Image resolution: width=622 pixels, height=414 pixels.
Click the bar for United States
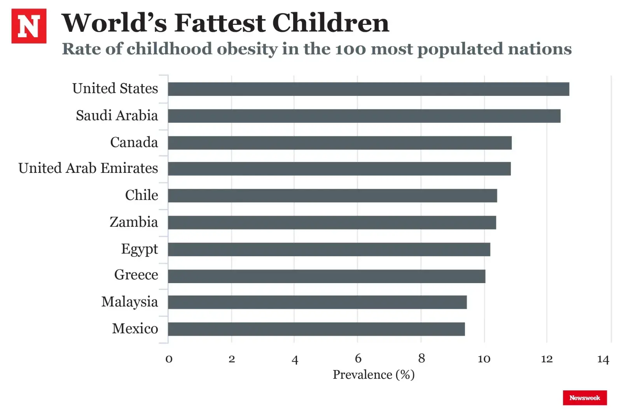(x=368, y=89)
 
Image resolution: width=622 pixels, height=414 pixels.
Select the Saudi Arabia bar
(x=364, y=116)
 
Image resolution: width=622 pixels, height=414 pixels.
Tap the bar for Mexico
(x=316, y=329)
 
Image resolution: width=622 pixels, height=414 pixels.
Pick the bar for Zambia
(x=332, y=223)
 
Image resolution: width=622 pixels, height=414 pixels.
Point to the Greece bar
(x=327, y=276)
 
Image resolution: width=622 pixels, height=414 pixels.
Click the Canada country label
(x=134, y=143)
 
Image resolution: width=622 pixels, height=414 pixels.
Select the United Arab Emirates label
(x=88, y=168)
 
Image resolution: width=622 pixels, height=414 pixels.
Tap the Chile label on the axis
(x=142, y=195)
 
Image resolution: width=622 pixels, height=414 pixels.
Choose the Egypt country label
(x=139, y=249)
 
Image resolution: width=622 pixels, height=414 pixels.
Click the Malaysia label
(x=129, y=302)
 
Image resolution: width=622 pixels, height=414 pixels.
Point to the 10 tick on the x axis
(x=484, y=359)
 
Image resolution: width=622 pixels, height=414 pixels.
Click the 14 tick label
(x=603, y=359)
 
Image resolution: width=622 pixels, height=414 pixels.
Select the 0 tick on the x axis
(x=169, y=359)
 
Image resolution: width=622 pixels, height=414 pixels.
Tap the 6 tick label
(x=358, y=358)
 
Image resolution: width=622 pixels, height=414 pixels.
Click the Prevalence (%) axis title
(x=374, y=375)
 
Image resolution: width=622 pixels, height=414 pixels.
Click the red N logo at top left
(x=29, y=26)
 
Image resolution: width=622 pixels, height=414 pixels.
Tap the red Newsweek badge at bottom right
(x=584, y=398)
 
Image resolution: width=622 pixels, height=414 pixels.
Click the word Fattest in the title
(x=220, y=23)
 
